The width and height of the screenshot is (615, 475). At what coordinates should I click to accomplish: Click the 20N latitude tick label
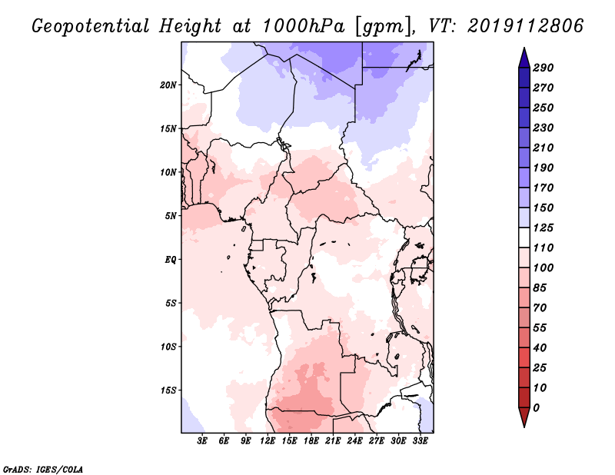168,85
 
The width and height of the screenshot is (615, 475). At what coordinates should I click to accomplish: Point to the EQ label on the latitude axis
170,260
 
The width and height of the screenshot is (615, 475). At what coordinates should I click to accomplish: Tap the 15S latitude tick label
168,390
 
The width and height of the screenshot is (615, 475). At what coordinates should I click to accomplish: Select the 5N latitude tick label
171,216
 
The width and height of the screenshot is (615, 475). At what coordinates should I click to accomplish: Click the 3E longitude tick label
202,441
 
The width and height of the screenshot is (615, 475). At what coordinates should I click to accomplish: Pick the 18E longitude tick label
311,441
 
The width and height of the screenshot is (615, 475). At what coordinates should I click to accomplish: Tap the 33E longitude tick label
420,441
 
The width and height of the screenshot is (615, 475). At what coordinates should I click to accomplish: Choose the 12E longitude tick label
268,441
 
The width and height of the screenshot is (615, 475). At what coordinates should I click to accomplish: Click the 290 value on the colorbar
544,68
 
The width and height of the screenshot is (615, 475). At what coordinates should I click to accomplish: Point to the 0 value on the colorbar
536,408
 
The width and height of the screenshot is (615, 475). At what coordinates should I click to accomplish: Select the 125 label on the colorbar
544,228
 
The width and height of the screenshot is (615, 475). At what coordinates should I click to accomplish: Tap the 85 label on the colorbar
540,288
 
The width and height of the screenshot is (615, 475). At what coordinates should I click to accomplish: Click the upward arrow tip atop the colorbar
524,48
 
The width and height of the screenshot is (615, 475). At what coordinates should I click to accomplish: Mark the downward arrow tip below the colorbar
524,427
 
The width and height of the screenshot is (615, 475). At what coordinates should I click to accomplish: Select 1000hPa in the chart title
304,26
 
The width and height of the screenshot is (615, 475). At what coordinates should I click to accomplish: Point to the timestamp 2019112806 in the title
526,25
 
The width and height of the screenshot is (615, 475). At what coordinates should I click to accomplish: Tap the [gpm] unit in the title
383,27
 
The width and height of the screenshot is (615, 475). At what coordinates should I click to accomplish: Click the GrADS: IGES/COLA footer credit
43,470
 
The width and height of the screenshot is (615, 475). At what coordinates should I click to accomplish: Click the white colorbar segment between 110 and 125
524,237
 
